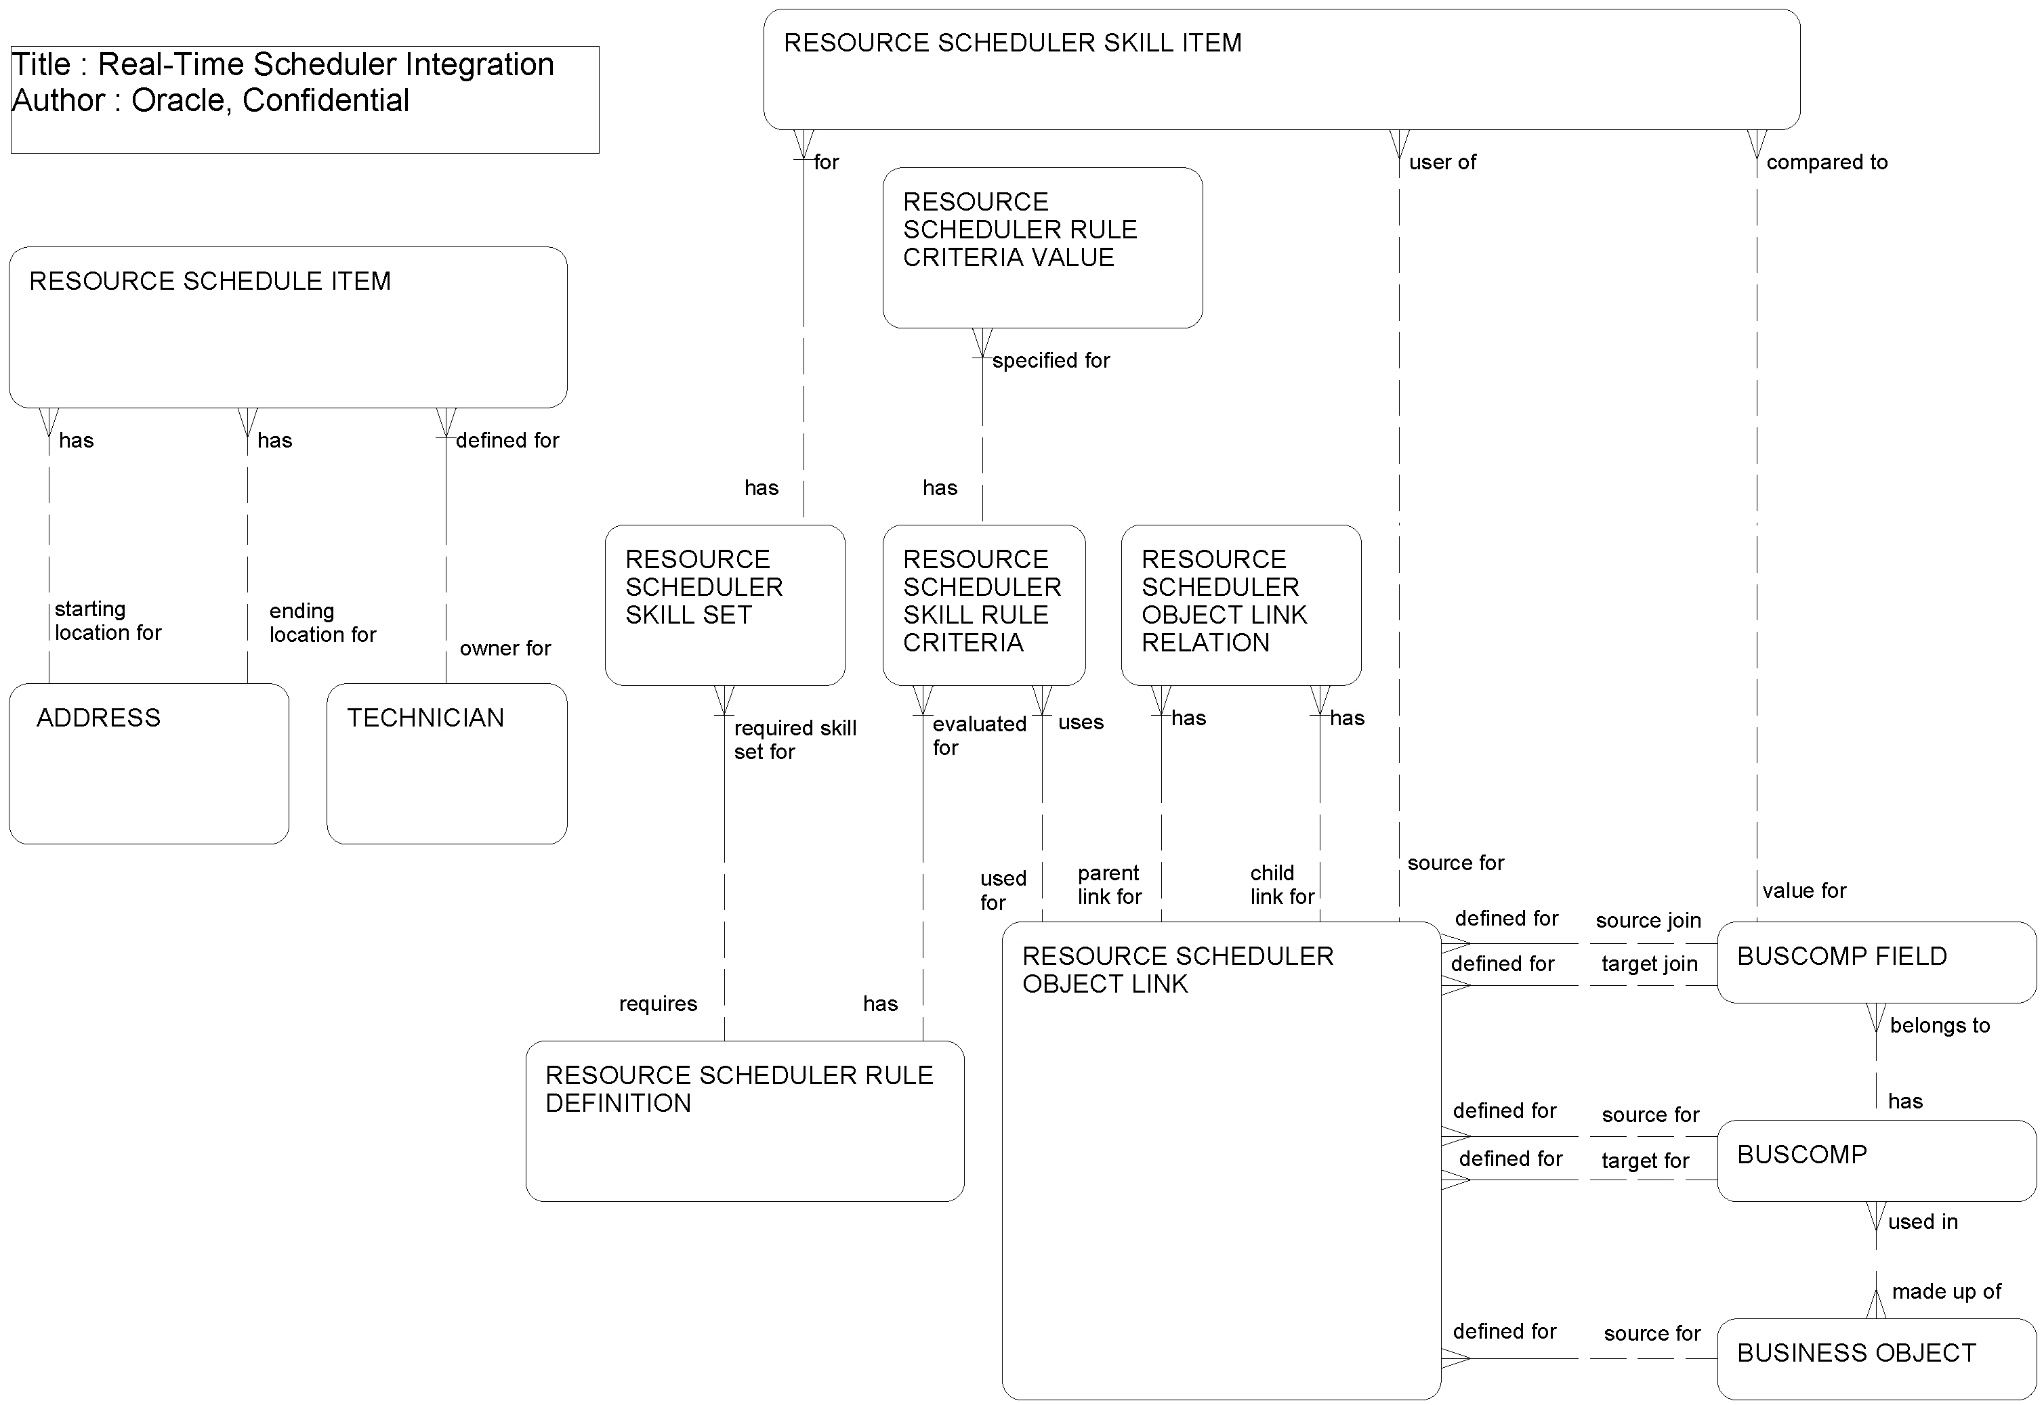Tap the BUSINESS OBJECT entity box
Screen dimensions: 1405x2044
(1876, 1358)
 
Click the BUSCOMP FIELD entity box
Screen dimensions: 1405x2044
(1876, 961)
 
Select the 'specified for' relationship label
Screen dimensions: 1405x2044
(1051, 361)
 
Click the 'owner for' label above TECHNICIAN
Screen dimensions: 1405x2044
(505, 649)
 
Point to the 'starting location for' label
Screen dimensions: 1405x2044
(108, 621)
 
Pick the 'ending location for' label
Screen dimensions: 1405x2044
(322, 622)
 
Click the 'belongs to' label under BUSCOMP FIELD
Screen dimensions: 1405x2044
(1939, 1026)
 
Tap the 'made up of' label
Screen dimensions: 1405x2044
(1946, 1291)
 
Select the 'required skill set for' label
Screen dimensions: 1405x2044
(794, 739)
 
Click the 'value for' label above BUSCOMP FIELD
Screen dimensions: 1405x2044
(1803, 891)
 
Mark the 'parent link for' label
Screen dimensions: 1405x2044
(1109, 885)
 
